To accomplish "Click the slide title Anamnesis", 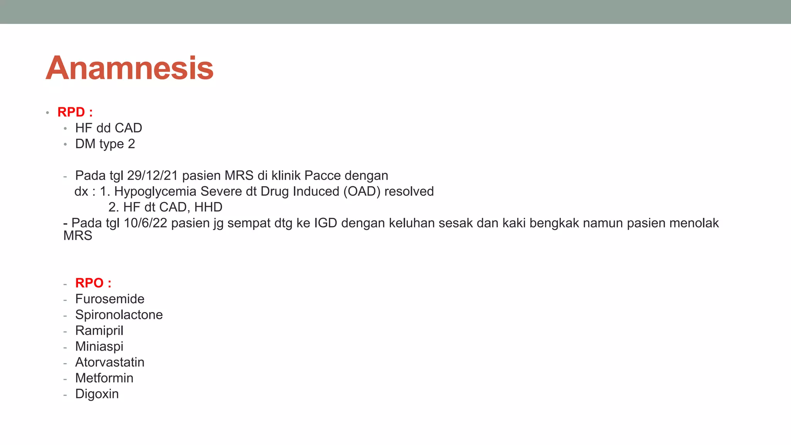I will point(129,68).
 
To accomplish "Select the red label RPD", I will point(71,112).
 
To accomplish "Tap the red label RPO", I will point(90,283).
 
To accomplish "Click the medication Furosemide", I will point(110,299).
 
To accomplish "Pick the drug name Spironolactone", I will point(119,314).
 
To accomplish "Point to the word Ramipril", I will point(99,330).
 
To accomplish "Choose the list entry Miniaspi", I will point(99,346).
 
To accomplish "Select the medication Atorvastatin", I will point(110,362).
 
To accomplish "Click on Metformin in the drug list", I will point(104,378).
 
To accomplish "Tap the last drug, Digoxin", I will point(97,394).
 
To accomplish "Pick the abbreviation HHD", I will point(208,207).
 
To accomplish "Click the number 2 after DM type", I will point(131,144).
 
